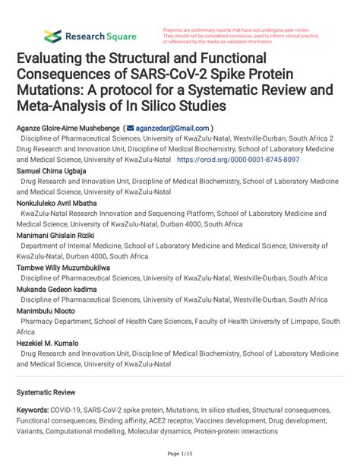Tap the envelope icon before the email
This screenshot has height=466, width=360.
[131, 129]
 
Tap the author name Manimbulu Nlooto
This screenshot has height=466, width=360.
[47, 312]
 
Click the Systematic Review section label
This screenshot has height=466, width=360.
[44, 393]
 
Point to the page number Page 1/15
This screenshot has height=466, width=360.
[179, 454]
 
